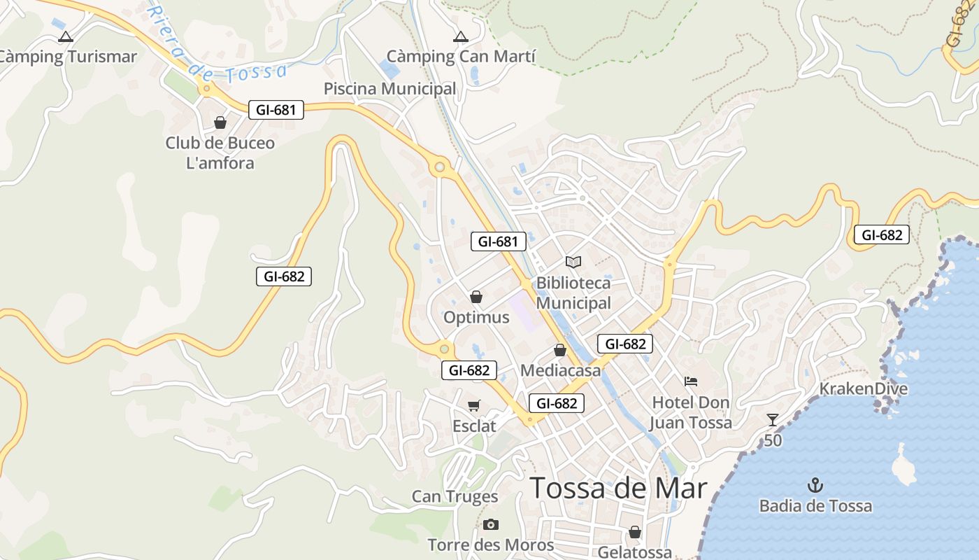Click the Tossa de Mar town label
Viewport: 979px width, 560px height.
pyautogui.click(x=618, y=488)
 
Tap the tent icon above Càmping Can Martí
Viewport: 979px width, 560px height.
pyautogui.click(x=460, y=36)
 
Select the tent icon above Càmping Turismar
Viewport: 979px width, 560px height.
pyautogui.click(x=66, y=36)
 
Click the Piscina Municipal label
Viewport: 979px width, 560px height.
pyautogui.click(x=390, y=89)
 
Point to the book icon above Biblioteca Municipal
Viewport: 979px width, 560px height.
pyautogui.click(x=573, y=262)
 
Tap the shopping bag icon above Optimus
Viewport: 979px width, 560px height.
pyautogui.click(x=476, y=297)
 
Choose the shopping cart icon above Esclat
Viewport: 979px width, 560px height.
pyautogui.click(x=474, y=405)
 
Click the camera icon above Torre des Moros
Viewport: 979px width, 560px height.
pyautogui.click(x=491, y=524)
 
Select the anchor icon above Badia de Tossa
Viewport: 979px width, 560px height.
pyautogui.click(x=815, y=485)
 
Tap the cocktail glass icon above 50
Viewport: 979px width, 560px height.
pyautogui.click(x=772, y=420)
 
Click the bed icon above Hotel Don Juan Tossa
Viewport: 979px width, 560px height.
pyautogui.click(x=691, y=381)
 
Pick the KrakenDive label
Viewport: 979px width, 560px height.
pyautogui.click(x=863, y=388)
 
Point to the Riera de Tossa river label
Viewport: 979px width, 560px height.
pyautogui.click(x=217, y=52)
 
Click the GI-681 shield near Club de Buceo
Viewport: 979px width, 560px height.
pyautogui.click(x=276, y=110)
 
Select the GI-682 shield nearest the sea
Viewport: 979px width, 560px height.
pyautogui.click(x=881, y=235)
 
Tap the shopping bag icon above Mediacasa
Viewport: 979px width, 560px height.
pyautogui.click(x=559, y=350)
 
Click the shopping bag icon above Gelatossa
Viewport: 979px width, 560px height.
pyautogui.click(x=635, y=533)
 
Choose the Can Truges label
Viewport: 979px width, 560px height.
pyautogui.click(x=455, y=497)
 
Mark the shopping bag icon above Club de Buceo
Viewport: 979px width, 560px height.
pyautogui.click(x=220, y=123)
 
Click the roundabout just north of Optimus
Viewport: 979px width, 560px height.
pyautogui.click(x=439, y=167)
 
